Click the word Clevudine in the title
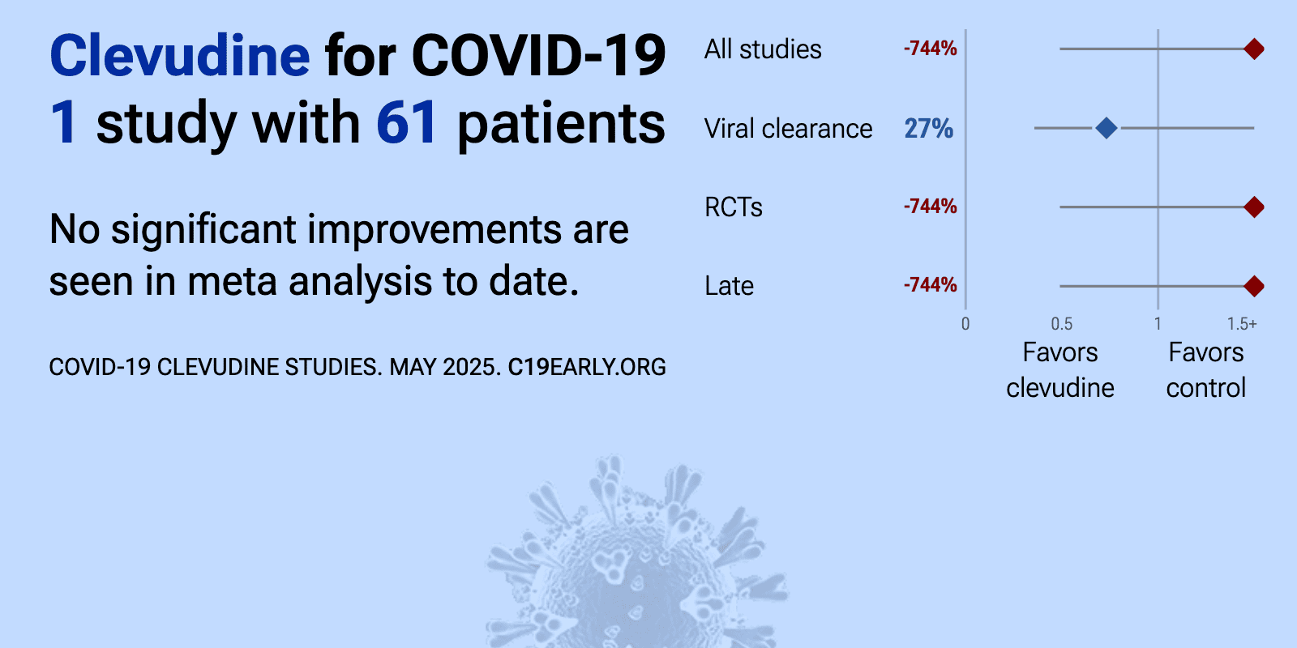(180, 56)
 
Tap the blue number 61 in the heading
(406, 122)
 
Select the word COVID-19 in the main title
(538, 56)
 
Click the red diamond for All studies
(1254, 49)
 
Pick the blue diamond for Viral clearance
(1107, 128)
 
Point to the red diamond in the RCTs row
(1254, 207)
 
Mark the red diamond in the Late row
(1254, 286)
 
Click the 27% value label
(929, 129)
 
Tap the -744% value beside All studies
(931, 49)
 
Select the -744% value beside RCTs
(931, 207)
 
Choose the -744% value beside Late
(931, 285)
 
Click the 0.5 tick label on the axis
(1062, 324)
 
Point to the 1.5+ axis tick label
(1242, 324)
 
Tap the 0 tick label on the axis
(965, 324)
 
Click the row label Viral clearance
(788, 129)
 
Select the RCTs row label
(734, 207)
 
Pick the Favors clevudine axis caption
(1060, 370)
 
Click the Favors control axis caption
(1206, 370)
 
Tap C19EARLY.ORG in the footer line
(587, 368)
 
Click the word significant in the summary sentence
(203, 230)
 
